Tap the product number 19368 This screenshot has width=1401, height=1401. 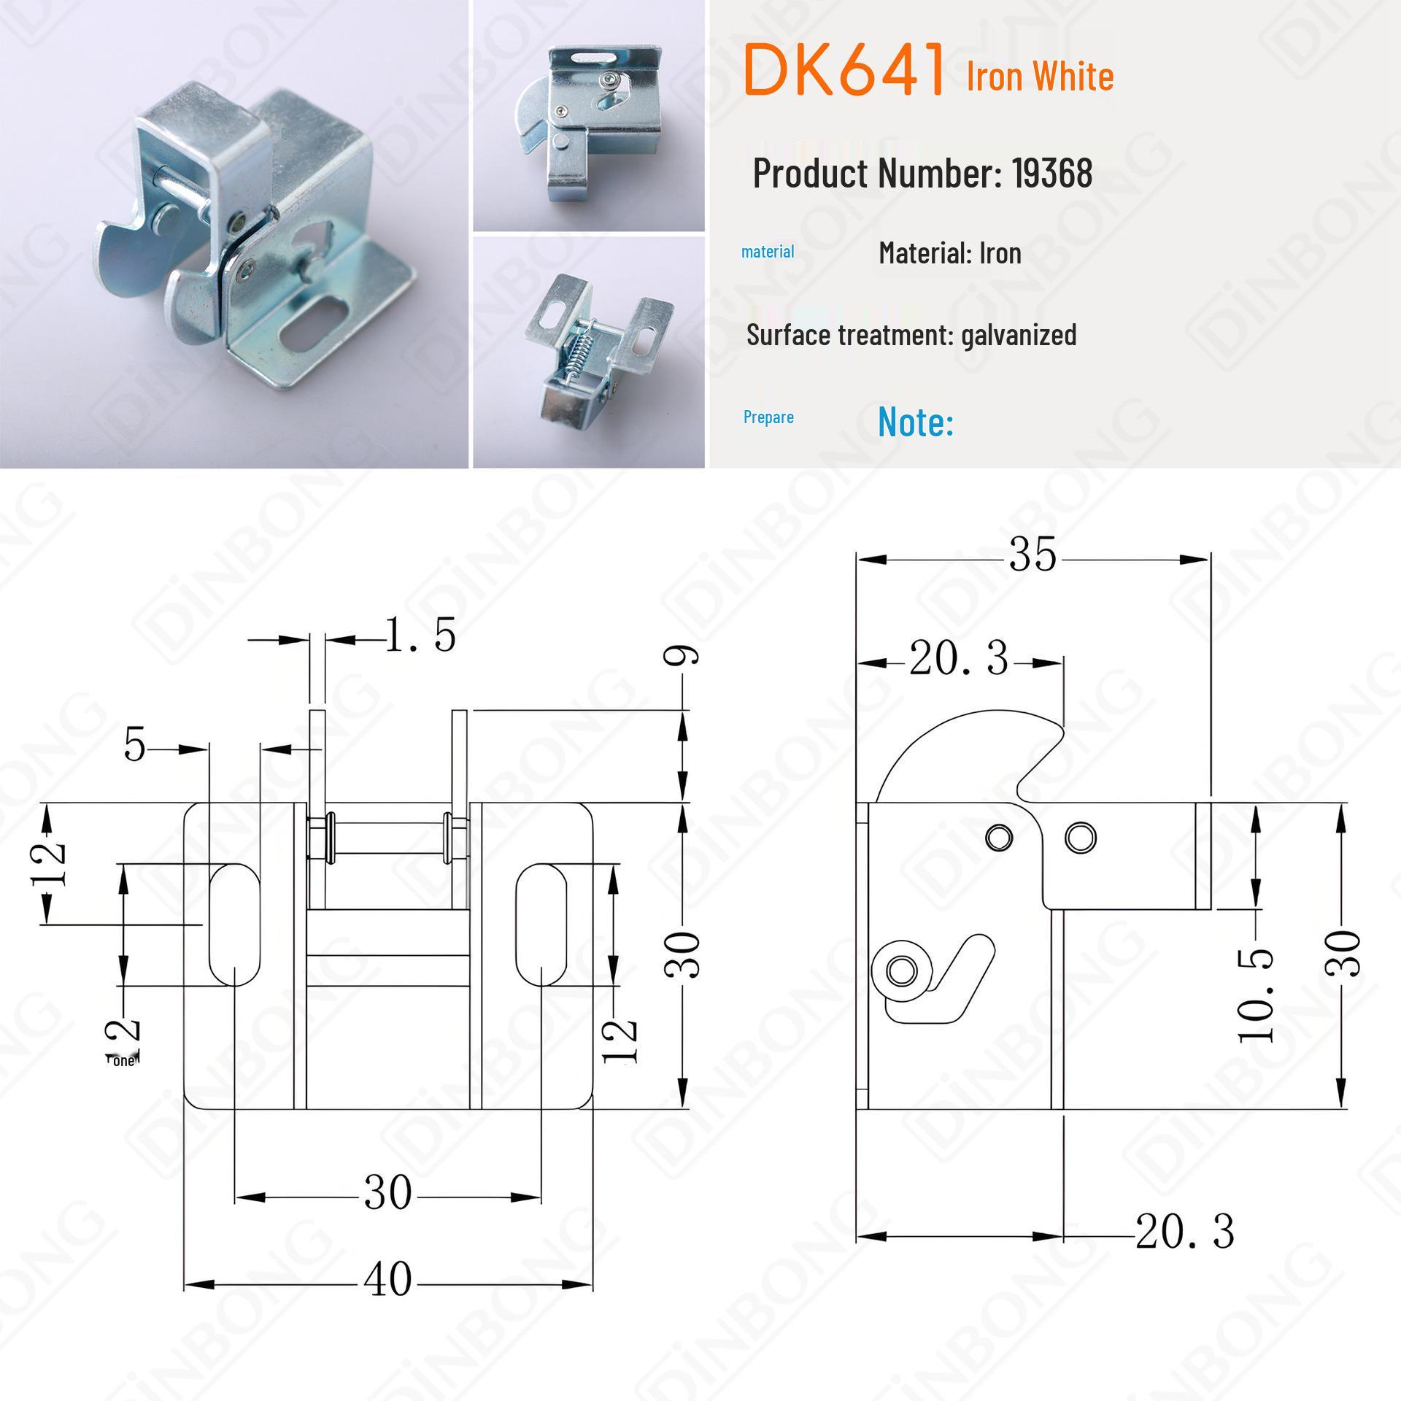[x=1051, y=173]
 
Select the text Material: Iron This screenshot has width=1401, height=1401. [x=949, y=253]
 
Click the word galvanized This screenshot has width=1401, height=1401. [x=1019, y=335]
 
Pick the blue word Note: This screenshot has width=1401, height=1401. [x=915, y=421]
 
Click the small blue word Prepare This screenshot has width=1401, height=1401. [x=768, y=417]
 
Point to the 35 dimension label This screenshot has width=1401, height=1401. [x=1033, y=555]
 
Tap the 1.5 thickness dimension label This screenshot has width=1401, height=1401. [x=420, y=634]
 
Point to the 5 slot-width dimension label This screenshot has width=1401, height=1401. [x=135, y=746]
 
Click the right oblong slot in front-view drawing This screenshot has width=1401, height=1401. [x=541, y=923]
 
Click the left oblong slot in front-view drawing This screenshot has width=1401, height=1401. [x=234, y=923]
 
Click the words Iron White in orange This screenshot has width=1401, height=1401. [x=1040, y=76]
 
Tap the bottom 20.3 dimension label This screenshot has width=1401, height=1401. [x=1184, y=1232]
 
